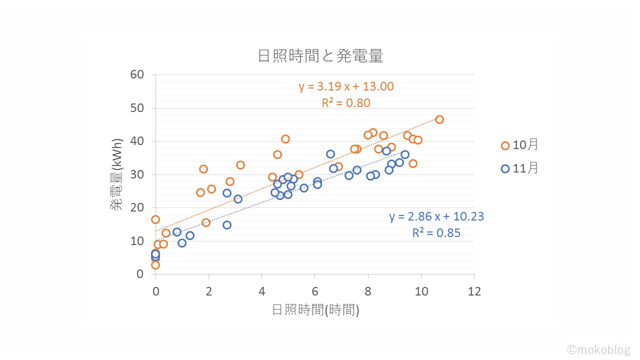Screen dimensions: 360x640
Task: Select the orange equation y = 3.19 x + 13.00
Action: tap(346, 86)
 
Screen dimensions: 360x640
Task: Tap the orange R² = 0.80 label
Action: tap(346, 103)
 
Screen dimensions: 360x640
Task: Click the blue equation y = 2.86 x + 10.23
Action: tap(436, 216)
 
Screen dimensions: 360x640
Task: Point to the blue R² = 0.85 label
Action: tap(436, 233)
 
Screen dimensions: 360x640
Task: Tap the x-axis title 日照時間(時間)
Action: tap(315, 310)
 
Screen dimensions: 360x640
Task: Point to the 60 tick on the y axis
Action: tap(137, 74)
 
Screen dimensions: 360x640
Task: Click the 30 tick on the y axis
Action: tap(137, 174)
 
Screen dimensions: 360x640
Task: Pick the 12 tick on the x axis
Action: tap(474, 291)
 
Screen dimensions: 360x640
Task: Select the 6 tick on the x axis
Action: tap(314, 291)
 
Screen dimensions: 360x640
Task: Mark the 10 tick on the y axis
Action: tap(137, 241)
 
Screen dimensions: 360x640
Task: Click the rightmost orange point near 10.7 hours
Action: tap(439, 119)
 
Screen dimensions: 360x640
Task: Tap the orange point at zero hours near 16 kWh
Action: tap(155, 219)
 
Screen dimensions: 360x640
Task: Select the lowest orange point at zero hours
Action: tap(155, 265)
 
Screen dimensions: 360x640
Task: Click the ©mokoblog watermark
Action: tap(598, 349)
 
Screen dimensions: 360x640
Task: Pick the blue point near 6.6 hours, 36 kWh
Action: tap(330, 154)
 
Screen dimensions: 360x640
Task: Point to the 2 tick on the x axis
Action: tap(208, 291)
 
